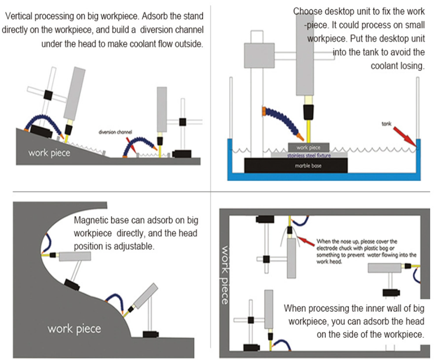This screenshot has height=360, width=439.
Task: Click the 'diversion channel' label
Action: click(x=115, y=132)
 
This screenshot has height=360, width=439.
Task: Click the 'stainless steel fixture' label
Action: click(x=308, y=155)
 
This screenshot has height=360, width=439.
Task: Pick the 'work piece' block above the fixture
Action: click(x=308, y=147)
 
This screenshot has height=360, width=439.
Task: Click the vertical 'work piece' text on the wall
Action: click(x=224, y=274)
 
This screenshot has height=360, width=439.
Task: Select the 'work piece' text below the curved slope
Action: click(x=74, y=328)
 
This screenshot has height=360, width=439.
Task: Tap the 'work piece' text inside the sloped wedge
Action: click(x=49, y=153)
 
